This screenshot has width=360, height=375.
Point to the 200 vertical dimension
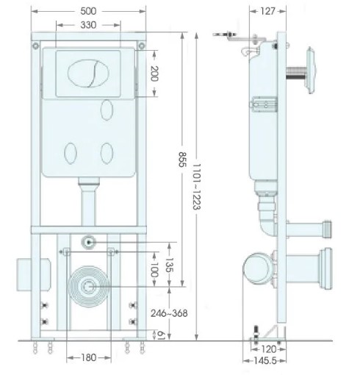pyautogui.click(x=154, y=73)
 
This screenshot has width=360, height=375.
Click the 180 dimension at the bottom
pyautogui.click(x=89, y=358)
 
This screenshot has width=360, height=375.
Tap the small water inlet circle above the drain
pyautogui.click(x=89, y=241)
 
